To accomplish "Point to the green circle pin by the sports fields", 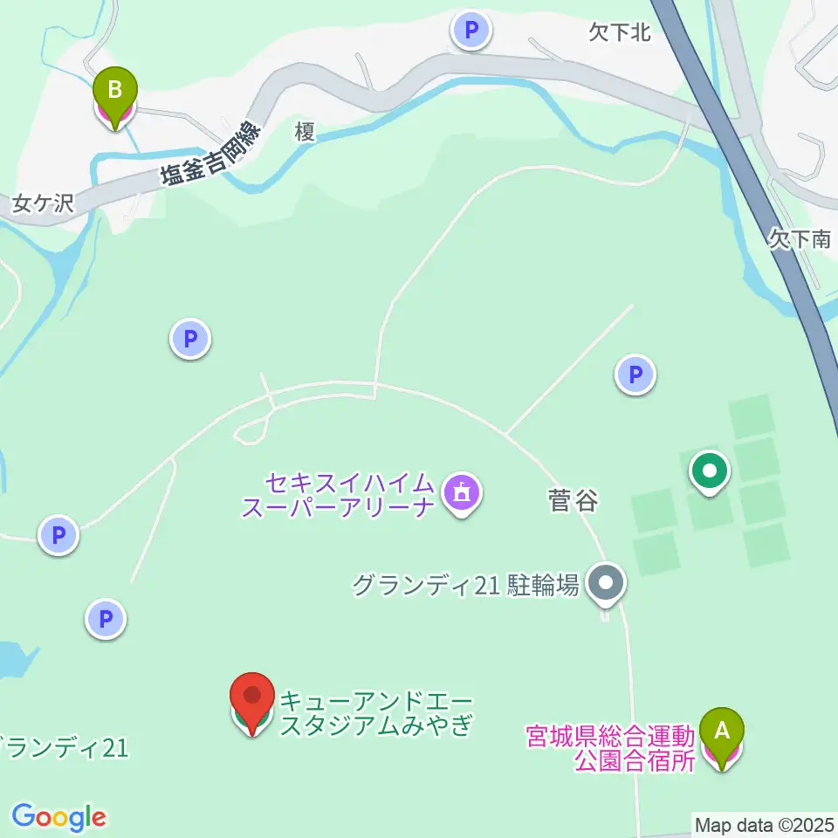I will coord(710,471).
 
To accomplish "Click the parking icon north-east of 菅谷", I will coord(635,375).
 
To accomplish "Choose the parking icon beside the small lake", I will coord(106,620).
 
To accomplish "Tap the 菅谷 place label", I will coord(573,501).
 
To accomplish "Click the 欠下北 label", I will coord(620,33).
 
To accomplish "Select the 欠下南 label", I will coord(800,238).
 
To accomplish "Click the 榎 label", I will coord(304,132).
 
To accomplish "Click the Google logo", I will coord(58,817).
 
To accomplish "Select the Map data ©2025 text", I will coord(764,824).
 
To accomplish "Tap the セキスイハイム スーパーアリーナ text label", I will coord(338,494).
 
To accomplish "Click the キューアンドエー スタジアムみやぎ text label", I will coord(375,713).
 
